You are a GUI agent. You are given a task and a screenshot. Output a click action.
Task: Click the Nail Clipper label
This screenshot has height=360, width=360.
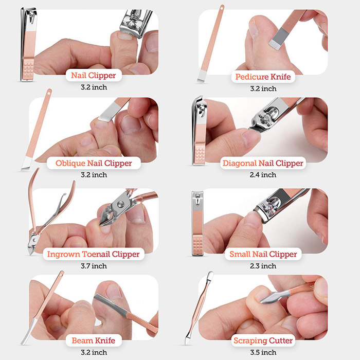(x=93, y=76)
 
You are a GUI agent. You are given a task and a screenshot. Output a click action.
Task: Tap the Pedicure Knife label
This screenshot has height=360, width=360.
(x=263, y=77)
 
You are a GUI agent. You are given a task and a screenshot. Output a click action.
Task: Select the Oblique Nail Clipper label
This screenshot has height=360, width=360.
(x=94, y=163)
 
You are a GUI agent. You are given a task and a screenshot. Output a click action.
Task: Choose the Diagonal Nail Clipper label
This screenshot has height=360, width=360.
(x=263, y=164)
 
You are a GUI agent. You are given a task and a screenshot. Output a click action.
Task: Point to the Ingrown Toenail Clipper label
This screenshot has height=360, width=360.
(x=93, y=254)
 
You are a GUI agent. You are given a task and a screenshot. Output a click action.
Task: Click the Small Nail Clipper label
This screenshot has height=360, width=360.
(x=263, y=254)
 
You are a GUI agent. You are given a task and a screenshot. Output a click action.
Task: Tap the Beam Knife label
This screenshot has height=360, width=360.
(x=94, y=340)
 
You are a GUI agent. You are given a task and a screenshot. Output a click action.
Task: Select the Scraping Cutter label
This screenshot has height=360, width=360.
(x=263, y=340)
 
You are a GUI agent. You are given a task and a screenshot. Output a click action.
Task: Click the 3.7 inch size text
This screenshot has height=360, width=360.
(x=94, y=266)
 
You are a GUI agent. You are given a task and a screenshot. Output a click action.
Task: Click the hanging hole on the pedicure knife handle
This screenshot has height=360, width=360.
(x=222, y=8)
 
